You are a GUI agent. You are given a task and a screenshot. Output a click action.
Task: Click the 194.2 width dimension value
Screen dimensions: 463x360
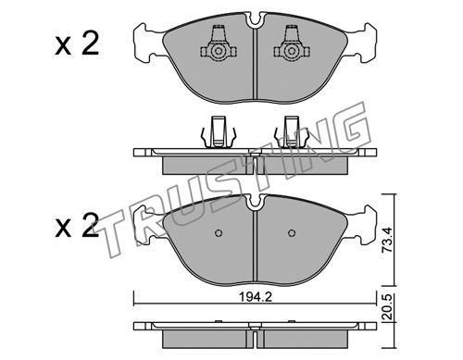pyautogui.click(x=256, y=297)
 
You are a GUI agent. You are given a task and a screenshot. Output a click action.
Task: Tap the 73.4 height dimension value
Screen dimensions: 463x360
pyautogui.click(x=386, y=240)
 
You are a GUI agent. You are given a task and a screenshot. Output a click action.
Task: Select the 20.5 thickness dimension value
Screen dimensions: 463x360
pyautogui.click(x=386, y=307)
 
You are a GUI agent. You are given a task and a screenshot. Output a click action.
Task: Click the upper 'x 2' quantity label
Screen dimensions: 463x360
pyautogui.click(x=77, y=43)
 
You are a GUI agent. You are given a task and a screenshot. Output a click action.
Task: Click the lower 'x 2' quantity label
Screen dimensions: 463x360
pyautogui.click(x=77, y=226)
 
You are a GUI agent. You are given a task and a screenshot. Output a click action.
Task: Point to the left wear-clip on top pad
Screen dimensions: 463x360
pyautogui.click(x=219, y=43)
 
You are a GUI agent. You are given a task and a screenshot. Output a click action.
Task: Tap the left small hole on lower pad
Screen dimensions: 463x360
pyautogui.click(x=219, y=233)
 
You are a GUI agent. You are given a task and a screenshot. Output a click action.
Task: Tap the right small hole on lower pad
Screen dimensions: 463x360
pyautogui.click(x=292, y=233)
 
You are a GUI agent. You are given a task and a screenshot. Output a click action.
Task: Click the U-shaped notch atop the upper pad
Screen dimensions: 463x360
pyautogui.click(x=255, y=20)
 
